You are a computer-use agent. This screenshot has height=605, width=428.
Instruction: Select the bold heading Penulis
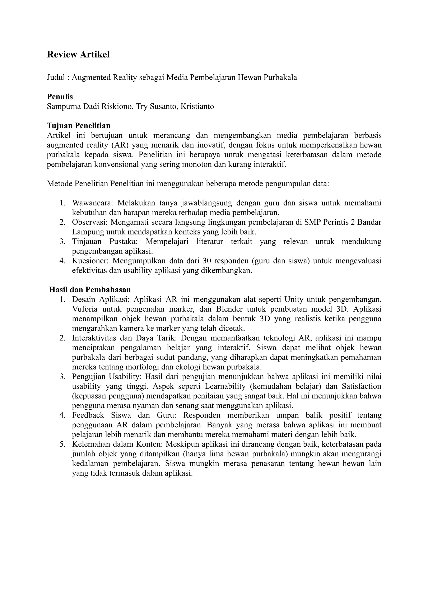pyautogui.click(x=60, y=97)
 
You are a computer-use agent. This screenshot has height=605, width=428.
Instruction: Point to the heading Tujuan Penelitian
pyautogui.click(x=79, y=125)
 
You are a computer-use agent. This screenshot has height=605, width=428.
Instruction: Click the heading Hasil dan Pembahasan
pyautogui.click(x=90, y=290)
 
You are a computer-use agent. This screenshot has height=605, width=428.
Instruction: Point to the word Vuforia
pyautogui.click(x=84, y=309)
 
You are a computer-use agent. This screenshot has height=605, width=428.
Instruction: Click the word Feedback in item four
pyautogui.click(x=88, y=415)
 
